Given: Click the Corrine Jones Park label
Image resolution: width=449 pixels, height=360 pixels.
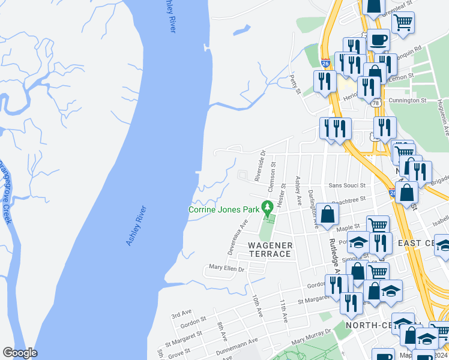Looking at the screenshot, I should (223, 209).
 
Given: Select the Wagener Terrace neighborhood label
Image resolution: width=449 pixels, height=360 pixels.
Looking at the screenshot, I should (270, 250).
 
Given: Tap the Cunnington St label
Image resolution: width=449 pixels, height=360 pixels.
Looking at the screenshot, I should (407, 100).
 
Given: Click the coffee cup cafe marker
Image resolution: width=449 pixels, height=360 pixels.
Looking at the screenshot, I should (378, 40).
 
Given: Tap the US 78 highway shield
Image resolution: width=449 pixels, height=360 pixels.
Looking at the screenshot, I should (376, 103).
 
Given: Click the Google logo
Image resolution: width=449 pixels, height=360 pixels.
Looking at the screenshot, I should (20, 353).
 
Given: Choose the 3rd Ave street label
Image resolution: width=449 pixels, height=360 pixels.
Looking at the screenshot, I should (181, 314).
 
